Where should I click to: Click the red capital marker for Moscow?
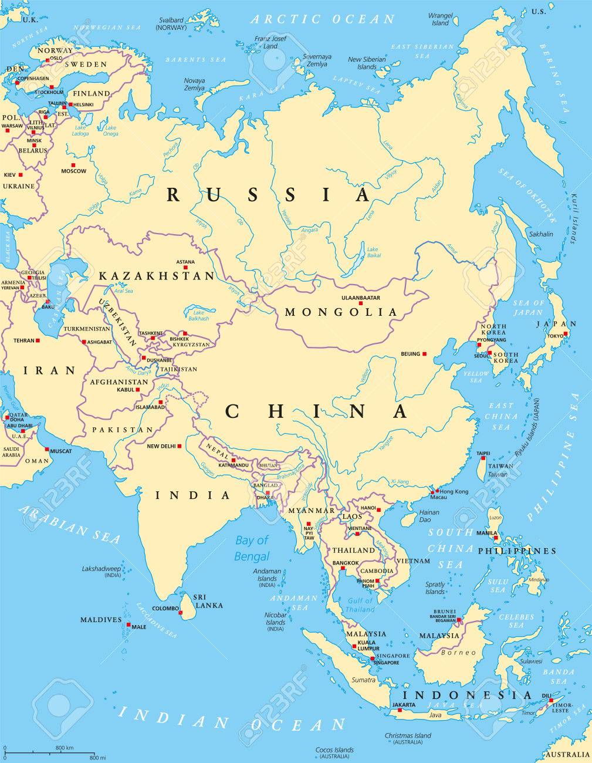tap(73, 165)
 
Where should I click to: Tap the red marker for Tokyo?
tap(566, 335)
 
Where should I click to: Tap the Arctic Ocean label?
tap(323, 19)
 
